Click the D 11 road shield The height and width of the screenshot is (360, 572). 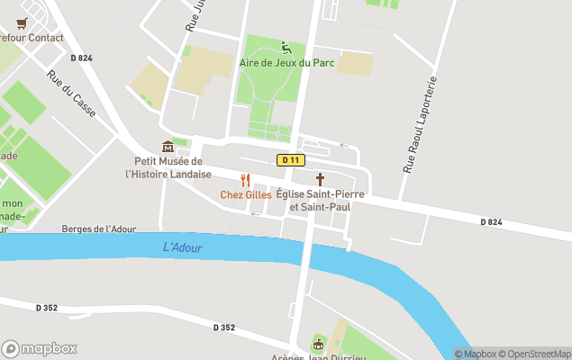[289, 160]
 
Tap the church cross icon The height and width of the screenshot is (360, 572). [320, 180]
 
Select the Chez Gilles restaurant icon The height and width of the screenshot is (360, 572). [245, 180]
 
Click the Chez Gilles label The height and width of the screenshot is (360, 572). [246, 195]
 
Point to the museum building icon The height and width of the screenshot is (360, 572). [168, 147]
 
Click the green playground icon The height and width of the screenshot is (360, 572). [286, 48]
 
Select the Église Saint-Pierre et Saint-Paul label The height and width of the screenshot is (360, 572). [313, 201]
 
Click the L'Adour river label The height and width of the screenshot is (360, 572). [183, 247]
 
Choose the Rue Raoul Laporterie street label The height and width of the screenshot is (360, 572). [421, 125]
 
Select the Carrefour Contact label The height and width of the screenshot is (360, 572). [30, 38]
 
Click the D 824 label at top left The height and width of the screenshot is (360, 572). [80, 58]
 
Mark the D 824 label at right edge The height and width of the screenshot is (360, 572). [491, 221]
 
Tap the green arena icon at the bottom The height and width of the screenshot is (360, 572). [317, 344]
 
